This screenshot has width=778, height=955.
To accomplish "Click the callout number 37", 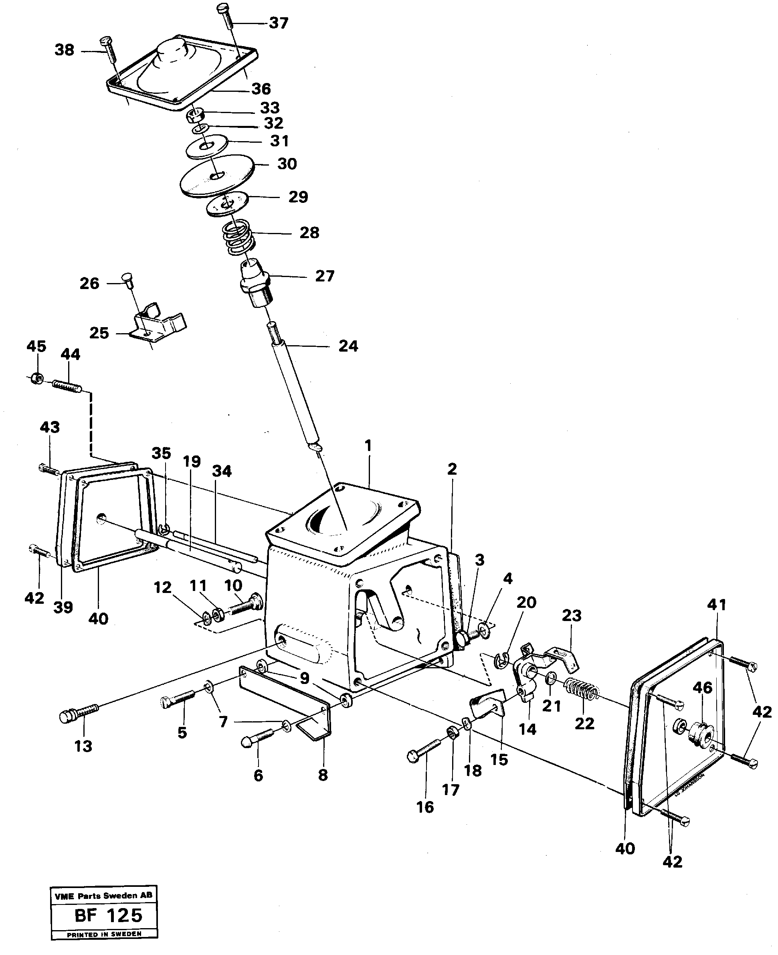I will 278,23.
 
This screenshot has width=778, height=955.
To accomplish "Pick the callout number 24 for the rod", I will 348,346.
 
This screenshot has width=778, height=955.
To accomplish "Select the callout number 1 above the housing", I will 368,446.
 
